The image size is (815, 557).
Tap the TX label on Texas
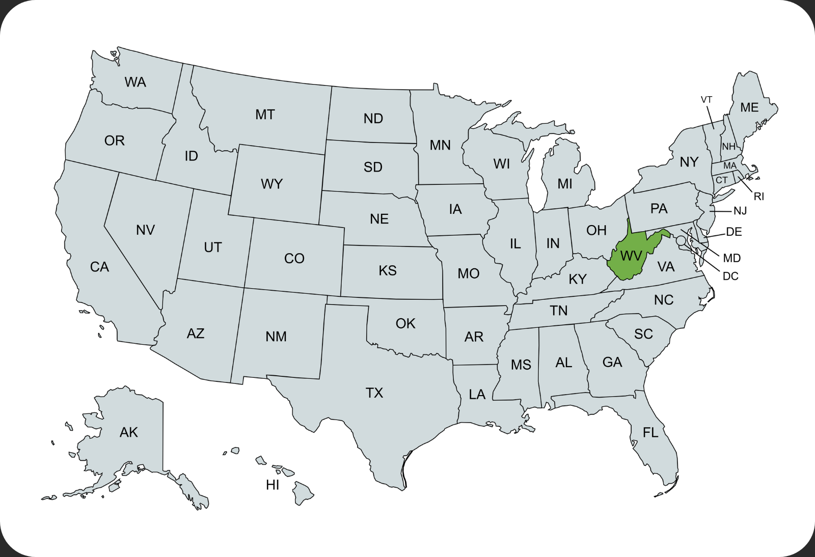coord(374,393)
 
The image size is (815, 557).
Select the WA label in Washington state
coord(135,82)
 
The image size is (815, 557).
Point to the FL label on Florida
coord(650,432)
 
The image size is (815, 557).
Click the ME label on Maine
coord(749,107)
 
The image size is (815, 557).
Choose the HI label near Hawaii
coord(273,485)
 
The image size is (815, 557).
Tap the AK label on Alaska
coord(128,432)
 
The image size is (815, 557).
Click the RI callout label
coord(758,197)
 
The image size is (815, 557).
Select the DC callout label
coord(730,276)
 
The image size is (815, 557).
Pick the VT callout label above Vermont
coord(707,100)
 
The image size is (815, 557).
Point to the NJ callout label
coord(740,211)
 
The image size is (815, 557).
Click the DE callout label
coord(734,232)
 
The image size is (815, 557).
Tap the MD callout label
coord(732,258)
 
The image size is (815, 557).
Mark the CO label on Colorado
coord(294,259)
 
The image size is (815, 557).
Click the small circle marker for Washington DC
coord(681,240)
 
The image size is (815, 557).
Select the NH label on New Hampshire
coord(728,147)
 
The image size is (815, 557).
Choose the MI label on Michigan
coord(564,184)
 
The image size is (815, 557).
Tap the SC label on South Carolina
coord(643,334)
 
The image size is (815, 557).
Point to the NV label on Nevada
coord(145,230)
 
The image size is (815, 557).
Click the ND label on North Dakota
coord(373,119)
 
